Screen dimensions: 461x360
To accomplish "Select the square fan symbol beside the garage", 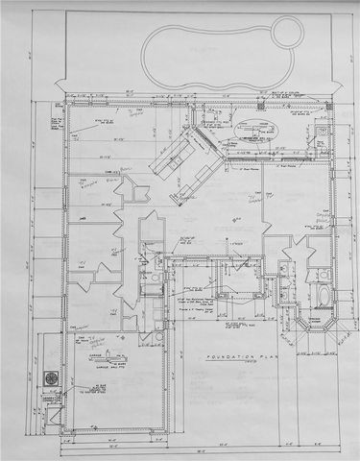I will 48,380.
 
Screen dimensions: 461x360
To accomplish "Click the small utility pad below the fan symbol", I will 48,402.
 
